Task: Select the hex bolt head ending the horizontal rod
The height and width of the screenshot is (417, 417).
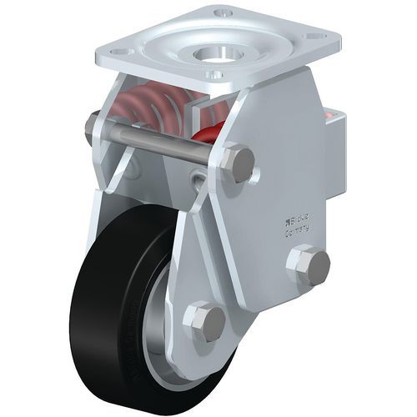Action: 239,163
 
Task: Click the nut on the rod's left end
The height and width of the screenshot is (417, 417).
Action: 88,128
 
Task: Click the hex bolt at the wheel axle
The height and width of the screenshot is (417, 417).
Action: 204,321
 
